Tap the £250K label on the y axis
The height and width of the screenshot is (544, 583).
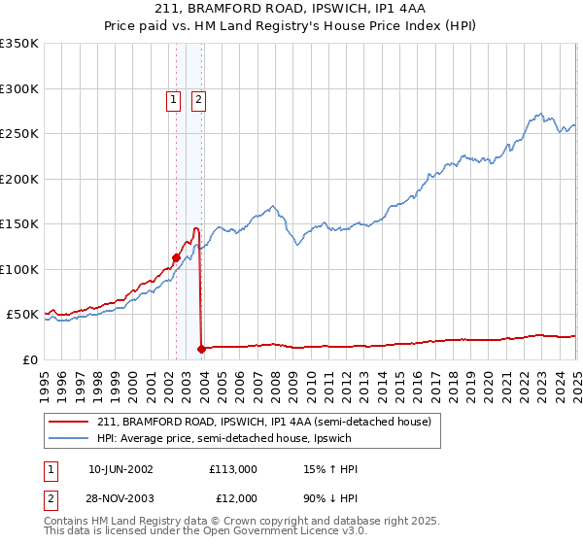coord(19,134)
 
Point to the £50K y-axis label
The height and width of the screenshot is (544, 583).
coord(22,315)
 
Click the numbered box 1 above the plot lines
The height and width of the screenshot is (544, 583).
coord(173,98)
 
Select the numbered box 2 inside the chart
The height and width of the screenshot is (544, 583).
coord(198,98)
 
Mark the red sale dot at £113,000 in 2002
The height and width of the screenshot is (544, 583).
coord(176,257)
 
